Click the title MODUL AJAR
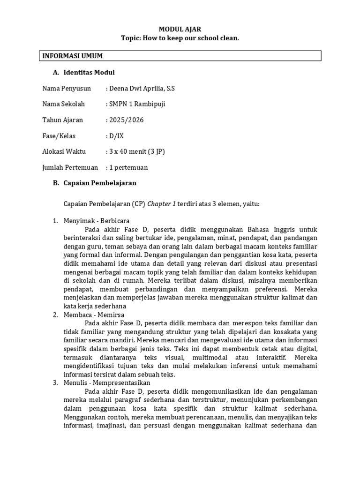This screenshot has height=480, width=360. coord(180,29)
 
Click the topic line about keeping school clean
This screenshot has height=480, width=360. coord(180,38)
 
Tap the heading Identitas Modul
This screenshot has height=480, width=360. coord(89,72)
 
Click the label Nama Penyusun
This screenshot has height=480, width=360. coord(67,88)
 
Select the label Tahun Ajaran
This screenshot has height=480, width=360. coord(62,120)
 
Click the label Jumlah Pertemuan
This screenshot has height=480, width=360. coord(70,168)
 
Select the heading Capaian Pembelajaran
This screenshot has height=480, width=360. coord(100,183)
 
